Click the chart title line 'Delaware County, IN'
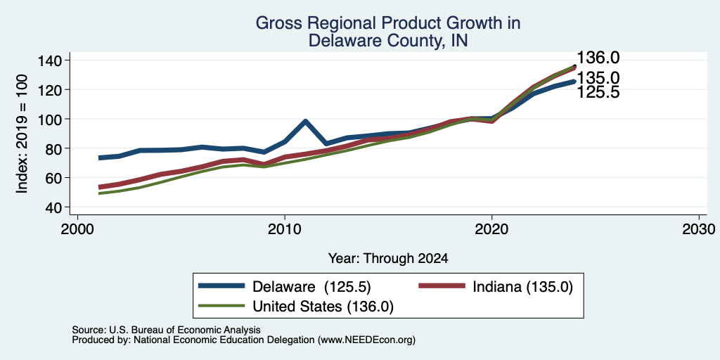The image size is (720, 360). [x=388, y=40]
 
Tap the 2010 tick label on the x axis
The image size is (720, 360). [x=285, y=229]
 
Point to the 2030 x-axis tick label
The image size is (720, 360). [x=699, y=229]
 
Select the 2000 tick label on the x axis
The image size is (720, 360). [x=77, y=229]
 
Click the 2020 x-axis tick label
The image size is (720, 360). [x=491, y=229]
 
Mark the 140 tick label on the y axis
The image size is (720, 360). [x=50, y=60]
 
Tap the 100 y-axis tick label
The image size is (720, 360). [x=50, y=120]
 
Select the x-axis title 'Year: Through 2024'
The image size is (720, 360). [x=388, y=259]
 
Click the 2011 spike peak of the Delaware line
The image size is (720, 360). [x=305, y=122]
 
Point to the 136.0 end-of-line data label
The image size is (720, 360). [x=598, y=58]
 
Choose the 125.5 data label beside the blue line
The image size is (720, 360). [x=598, y=92]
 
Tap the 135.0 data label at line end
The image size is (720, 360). [x=598, y=77]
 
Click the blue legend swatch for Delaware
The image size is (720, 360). [x=221, y=286]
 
